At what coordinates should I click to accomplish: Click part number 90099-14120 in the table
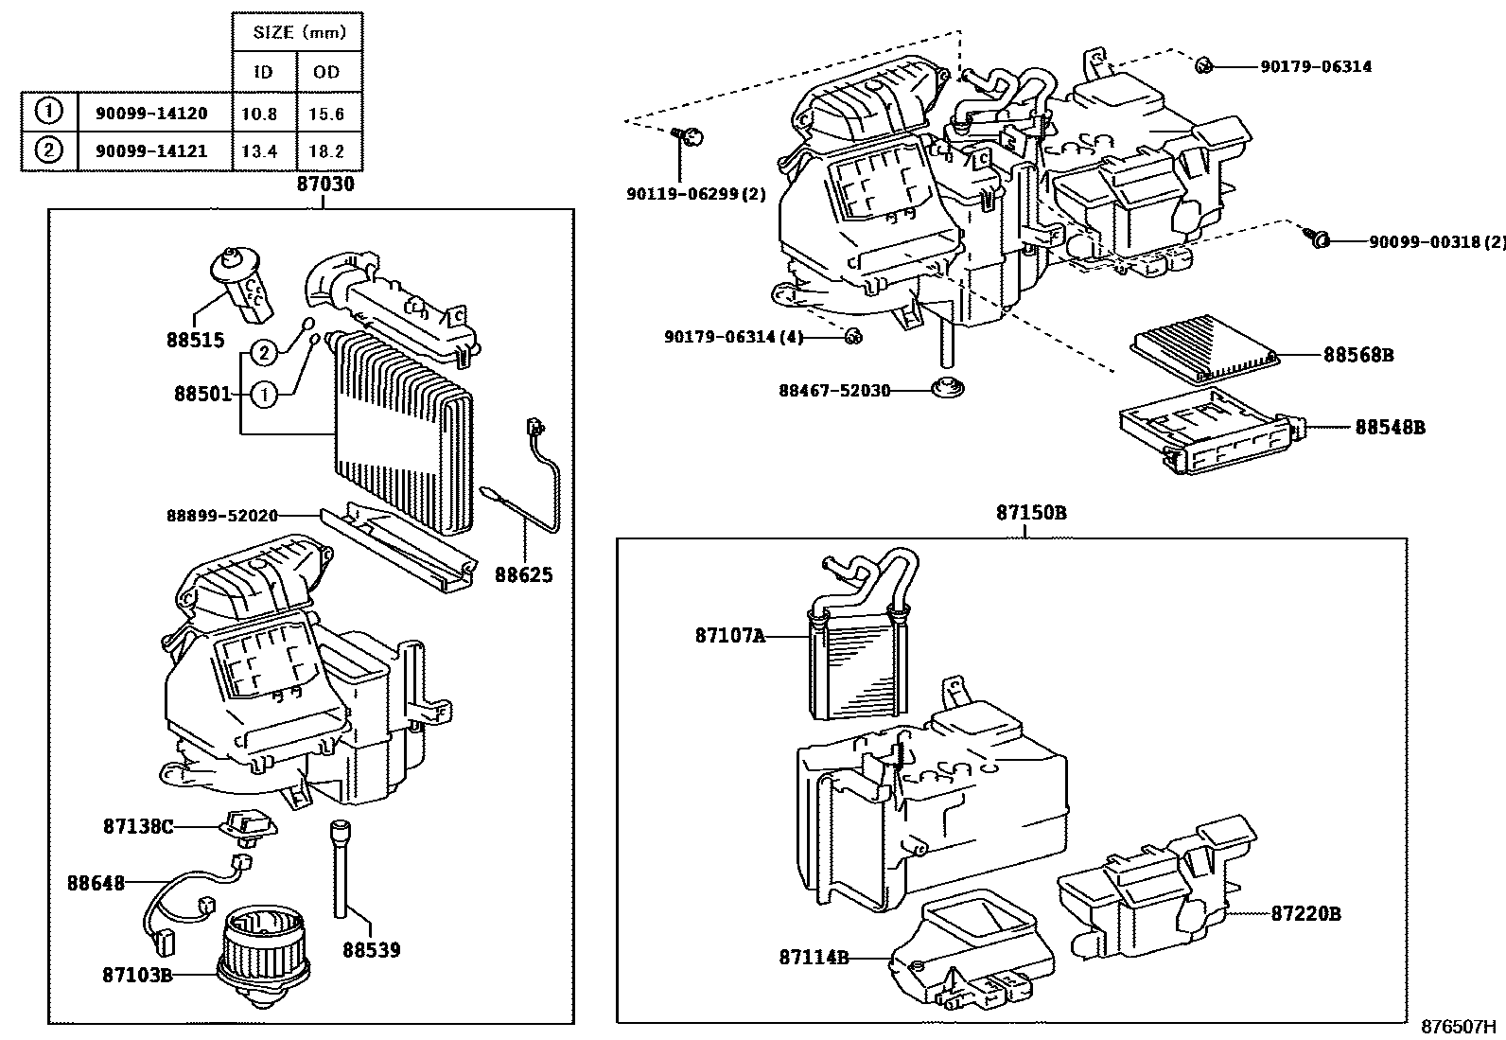151,114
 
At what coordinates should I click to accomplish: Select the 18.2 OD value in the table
326,150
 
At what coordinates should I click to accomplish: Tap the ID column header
264,72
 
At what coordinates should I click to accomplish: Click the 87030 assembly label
325,184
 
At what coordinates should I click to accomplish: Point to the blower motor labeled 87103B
263,948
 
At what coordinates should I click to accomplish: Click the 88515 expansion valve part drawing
241,279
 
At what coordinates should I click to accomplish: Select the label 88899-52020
222,515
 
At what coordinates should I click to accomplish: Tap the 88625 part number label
523,575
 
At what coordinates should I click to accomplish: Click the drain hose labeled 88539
340,871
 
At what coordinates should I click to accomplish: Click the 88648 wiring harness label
96,882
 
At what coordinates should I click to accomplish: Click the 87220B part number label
1305,913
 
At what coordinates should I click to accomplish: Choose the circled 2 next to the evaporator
265,354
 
